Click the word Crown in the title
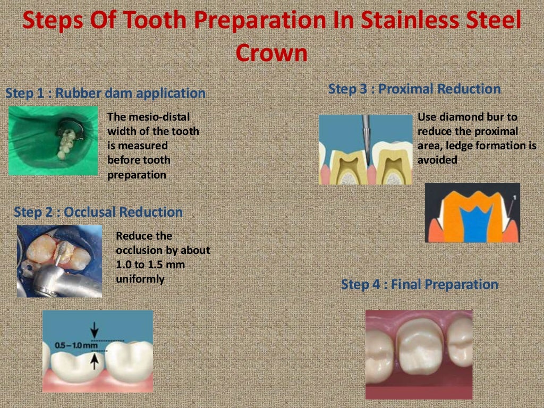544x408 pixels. (271, 53)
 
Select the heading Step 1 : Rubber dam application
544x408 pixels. (105, 93)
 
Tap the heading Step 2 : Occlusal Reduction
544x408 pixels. (98, 212)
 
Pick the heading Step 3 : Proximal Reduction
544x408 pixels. (414, 89)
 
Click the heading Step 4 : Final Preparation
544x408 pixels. (420, 285)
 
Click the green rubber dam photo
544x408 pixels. (53, 141)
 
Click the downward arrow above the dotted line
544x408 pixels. (95, 330)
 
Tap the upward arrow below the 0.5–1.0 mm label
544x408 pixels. (95, 361)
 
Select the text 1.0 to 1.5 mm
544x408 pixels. (150, 264)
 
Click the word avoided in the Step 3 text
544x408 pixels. (437, 160)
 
